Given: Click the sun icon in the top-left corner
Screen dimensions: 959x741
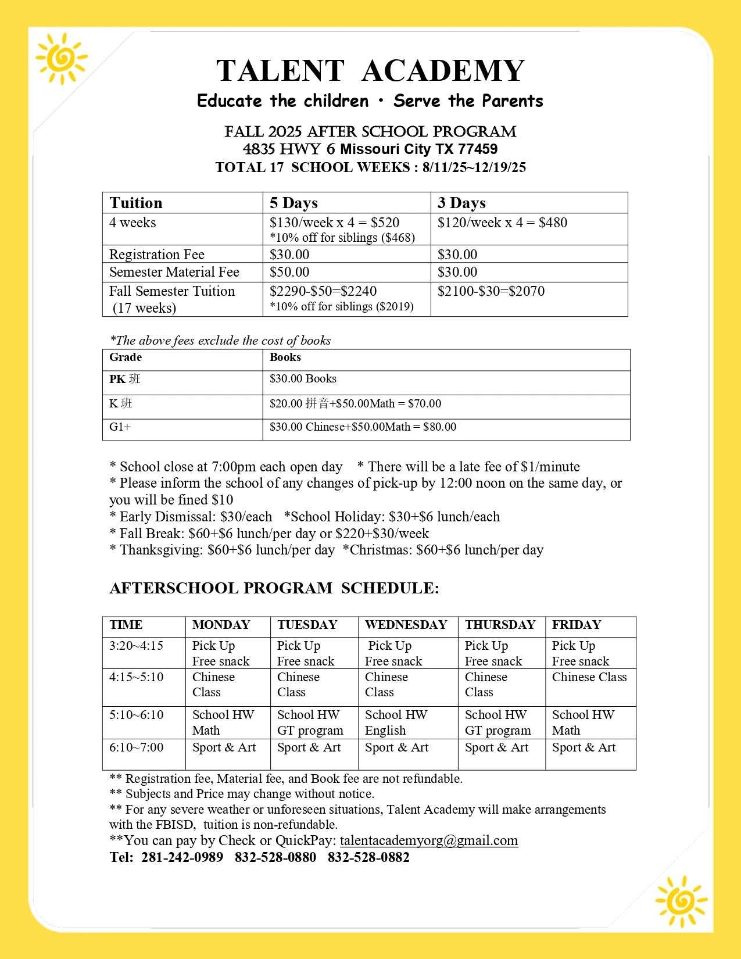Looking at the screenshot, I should click(x=60, y=58).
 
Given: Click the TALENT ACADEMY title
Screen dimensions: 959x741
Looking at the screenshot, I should click(x=370, y=70).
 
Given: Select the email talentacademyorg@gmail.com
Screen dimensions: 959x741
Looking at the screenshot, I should click(x=429, y=840).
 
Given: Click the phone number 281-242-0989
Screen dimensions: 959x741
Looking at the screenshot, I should click(x=182, y=857).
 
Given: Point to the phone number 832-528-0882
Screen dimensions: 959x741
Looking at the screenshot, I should click(x=368, y=857).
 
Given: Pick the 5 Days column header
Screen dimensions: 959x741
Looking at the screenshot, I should click(x=293, y=203).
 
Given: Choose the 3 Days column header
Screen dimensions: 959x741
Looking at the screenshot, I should click(x=461, y=203).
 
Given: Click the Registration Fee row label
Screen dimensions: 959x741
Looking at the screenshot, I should click(x=157, y=255).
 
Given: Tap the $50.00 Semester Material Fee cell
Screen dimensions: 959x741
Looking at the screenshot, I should click(x=289, y=272).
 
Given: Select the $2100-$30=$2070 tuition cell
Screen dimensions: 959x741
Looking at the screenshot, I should click(x=491, y=291).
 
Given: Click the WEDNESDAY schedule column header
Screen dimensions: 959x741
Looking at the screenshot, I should click(x=406, y=625).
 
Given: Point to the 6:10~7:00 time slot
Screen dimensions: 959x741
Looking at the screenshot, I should click(x=137, y=747).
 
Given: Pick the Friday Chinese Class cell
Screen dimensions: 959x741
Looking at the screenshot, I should click(x=589, y=677).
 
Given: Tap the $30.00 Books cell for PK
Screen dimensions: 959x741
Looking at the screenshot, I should click(x=303, y=379).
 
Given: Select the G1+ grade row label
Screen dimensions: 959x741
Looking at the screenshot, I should click(x=120, y=427).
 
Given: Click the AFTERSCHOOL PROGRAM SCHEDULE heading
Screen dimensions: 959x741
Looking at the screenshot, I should click(x=274, y=588).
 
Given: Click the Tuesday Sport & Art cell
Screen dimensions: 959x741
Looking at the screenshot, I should click(x=309, y=747).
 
